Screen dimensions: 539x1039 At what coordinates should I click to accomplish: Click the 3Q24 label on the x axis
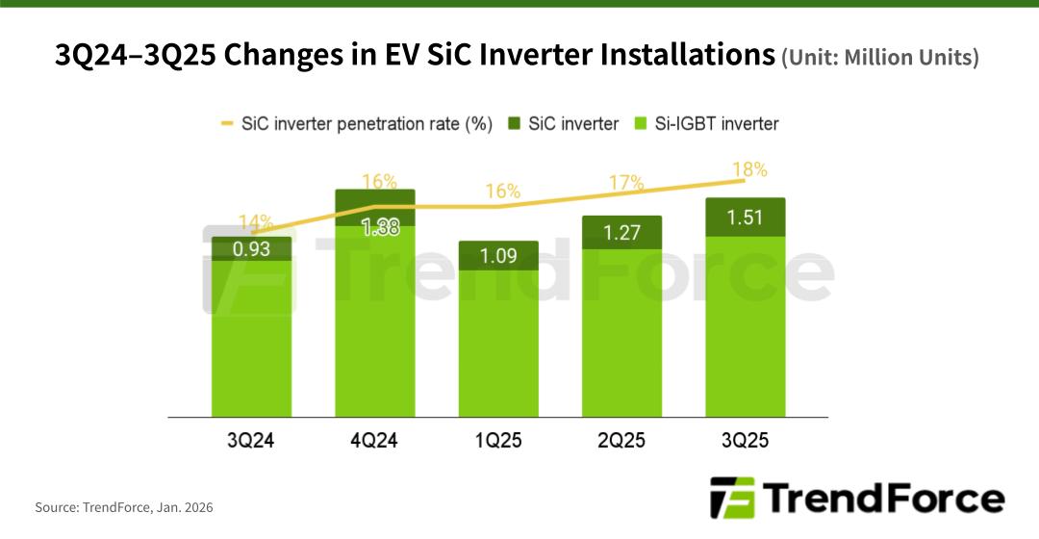tap(252, 442)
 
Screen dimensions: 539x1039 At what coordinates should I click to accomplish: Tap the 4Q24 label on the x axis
tap(374, 442)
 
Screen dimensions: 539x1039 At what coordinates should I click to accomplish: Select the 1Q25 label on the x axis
tap(497, 442)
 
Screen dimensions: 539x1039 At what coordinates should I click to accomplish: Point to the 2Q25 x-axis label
tap(621, 442)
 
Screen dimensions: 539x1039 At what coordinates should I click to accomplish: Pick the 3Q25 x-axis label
tap(745, 442)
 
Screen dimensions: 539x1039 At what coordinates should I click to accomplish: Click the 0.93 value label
tap(252, 249)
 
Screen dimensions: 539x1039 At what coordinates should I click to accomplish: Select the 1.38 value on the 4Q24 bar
tap(375, 228)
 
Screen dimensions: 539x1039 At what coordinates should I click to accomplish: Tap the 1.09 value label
tap(498, 257)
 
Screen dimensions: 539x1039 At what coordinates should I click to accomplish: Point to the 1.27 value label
tap(621, 232)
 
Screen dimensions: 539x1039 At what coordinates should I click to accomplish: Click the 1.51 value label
tap(745, 218)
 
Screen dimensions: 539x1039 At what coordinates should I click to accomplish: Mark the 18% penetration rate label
tap(748, 169)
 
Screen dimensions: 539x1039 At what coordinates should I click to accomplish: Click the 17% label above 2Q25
tap(624, 182)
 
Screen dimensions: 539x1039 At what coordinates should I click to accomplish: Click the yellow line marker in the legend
tap(228, 123)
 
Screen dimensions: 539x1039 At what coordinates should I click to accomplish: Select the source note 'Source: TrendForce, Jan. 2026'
tap(124, 506)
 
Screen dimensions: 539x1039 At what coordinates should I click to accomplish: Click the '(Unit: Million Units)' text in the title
tap(879, 59)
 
